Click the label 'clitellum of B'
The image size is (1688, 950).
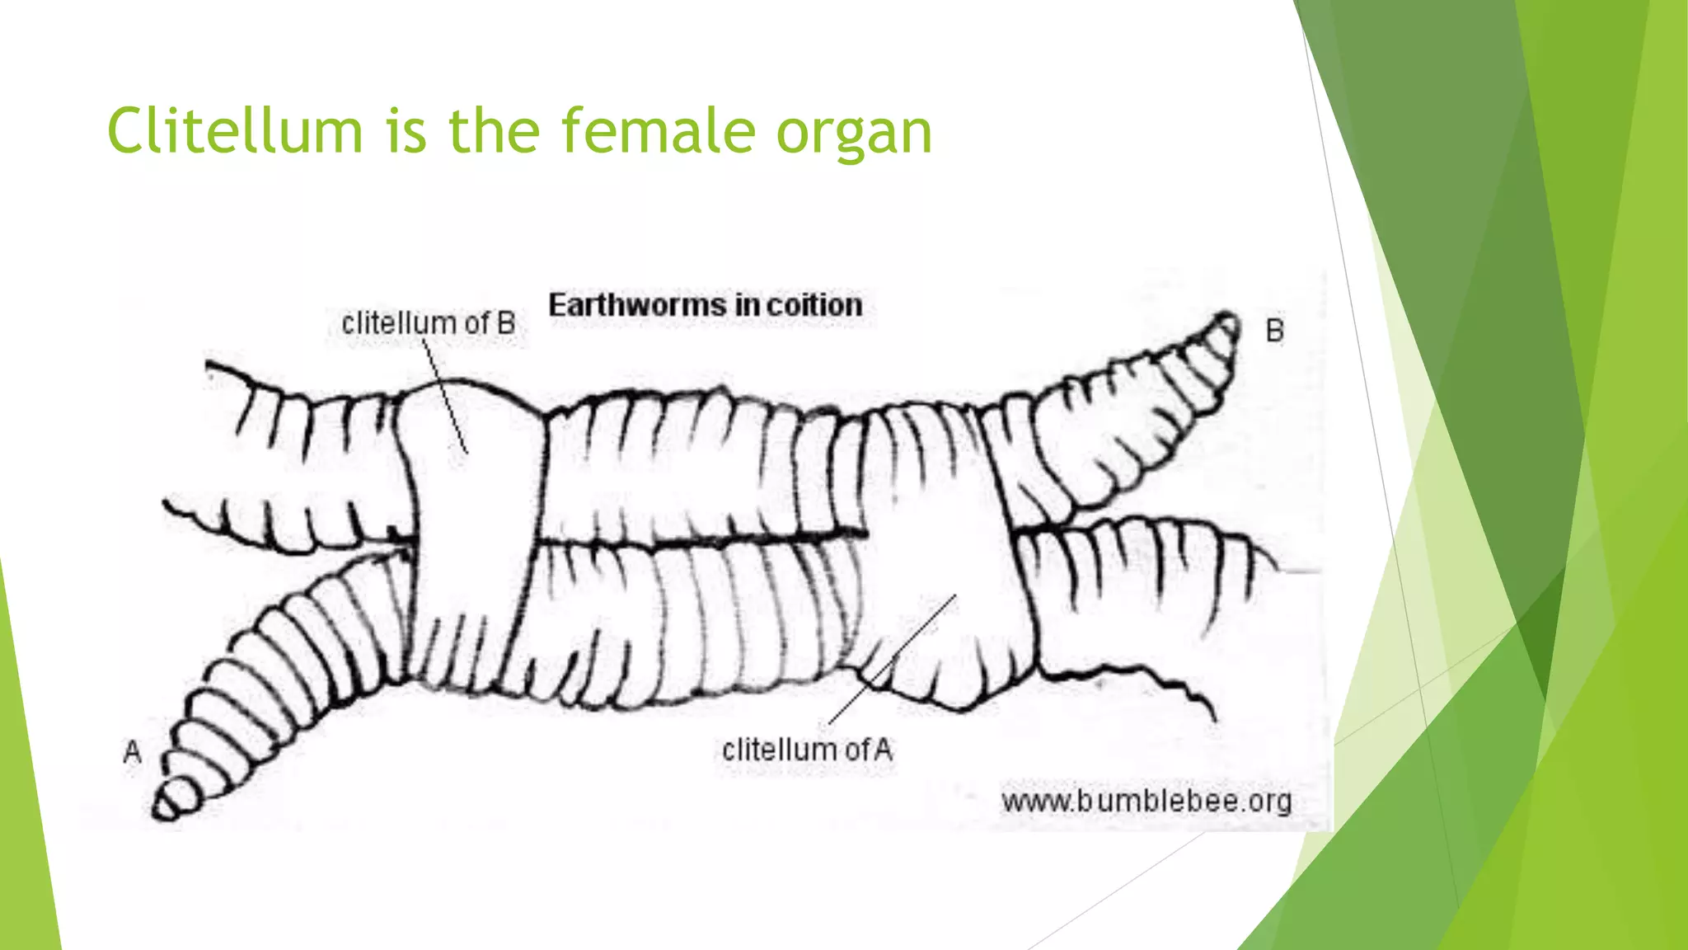(x=428, y=323)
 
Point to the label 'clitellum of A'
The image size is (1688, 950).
(x=807, y=750)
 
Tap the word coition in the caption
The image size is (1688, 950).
(x=814, y=305)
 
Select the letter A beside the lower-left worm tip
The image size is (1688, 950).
(x=132, y=752)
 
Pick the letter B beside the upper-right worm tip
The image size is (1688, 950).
(x=1274, y=331)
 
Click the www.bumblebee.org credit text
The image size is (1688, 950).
(x=1146, y=801)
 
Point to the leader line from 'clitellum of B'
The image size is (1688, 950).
(x=446, y=396)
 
